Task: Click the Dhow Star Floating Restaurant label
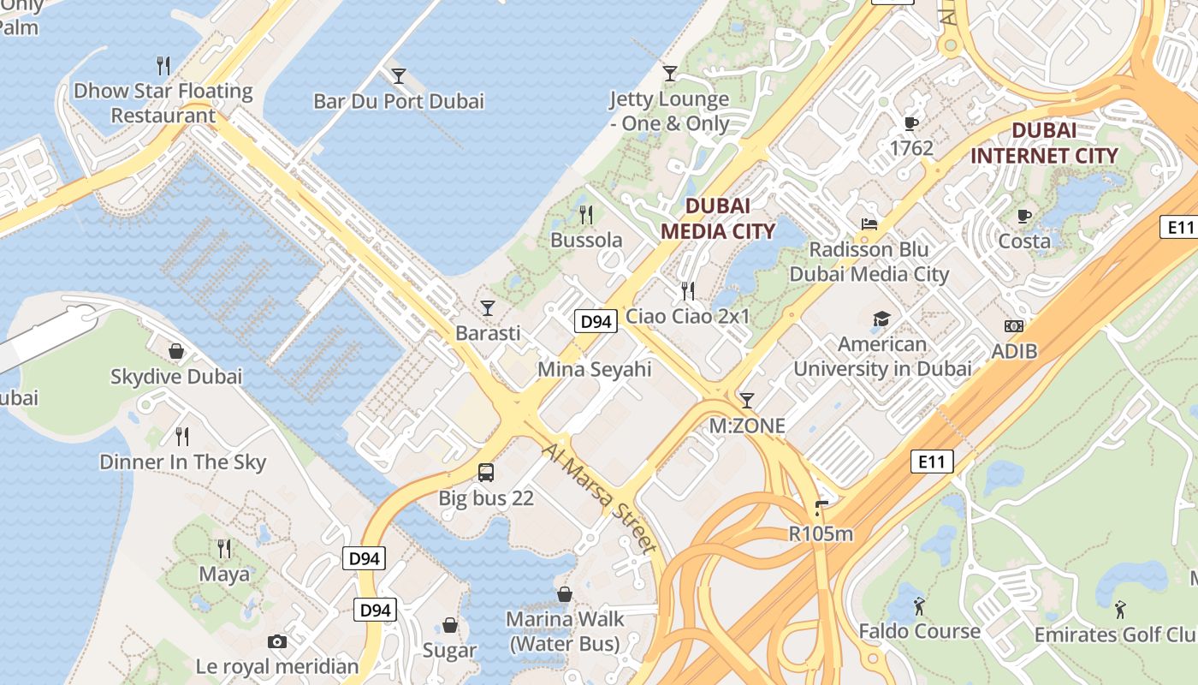pos(163,103)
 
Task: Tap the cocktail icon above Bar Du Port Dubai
pos(398,75)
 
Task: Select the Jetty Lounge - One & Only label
pos(669,111)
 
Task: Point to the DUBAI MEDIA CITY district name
pos(717,218)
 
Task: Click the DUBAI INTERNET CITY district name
pos(1044,143)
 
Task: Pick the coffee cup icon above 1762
pos(911,123)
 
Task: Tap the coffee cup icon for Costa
pos(1024,216)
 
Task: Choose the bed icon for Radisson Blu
pos(869,224)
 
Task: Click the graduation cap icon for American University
pos(881,319)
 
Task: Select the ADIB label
pos(1014,351)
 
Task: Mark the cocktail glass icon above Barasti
pos(488,307)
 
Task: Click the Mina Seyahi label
pos(594,369)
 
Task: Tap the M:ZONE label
pos(747,426)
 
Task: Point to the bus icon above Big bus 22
pos(486,472)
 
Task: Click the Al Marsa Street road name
pos(599,497)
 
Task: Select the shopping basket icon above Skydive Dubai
pos(176,351)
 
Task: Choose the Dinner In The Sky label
pos(183,462)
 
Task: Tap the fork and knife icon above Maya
pos(224,548)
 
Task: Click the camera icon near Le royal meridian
pos(277,641)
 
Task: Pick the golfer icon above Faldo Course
pos(919,606)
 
